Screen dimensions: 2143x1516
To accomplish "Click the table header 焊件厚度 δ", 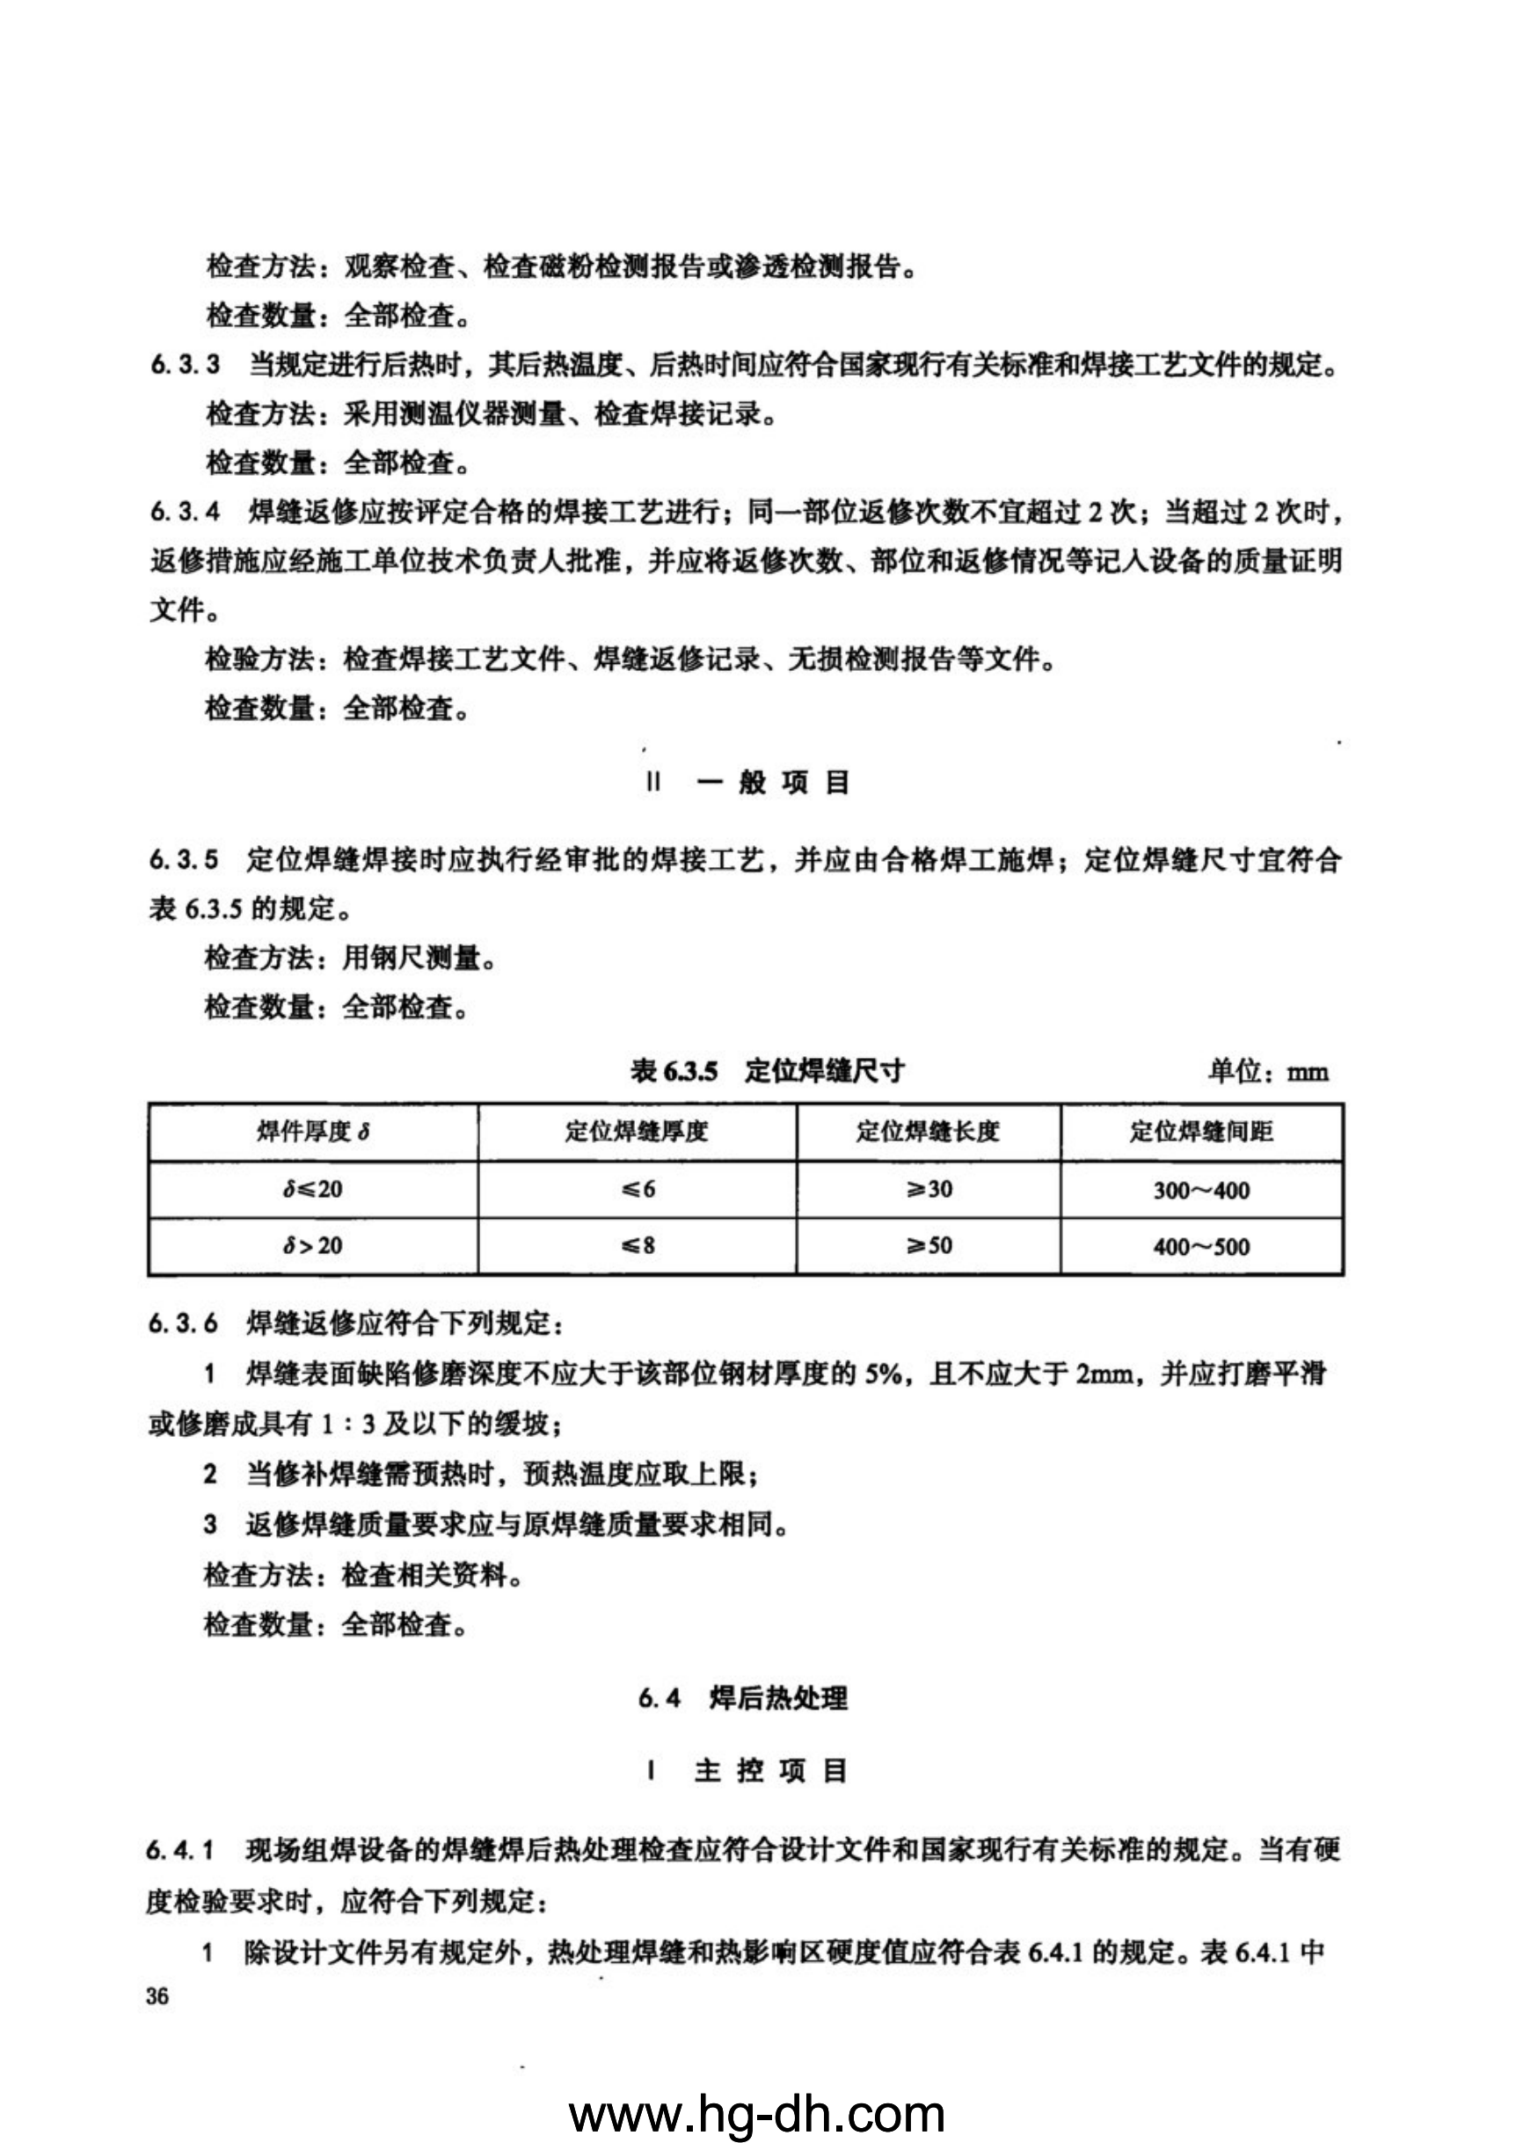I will coord(313,1132).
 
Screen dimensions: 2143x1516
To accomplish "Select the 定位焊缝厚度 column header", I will coord(637,1132).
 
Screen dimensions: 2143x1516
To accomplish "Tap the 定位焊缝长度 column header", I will coord(928,1132).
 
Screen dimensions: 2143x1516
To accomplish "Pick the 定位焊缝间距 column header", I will coord(1201,1132).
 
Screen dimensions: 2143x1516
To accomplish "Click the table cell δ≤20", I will coord(313,1189).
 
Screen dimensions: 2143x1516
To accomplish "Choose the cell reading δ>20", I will coord(313,1245).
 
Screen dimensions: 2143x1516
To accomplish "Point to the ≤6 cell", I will coord(637,1189).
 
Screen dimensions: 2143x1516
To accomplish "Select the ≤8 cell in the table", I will coord(637,1245).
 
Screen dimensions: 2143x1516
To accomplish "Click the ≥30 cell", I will coord(928,1189).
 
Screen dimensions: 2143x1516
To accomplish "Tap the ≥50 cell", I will coord(928,1245).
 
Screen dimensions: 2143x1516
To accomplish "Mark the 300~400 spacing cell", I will coord(1201,1190).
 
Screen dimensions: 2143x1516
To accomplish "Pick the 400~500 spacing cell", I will coord(1201,1246).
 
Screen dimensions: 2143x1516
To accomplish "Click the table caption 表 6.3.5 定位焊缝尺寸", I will coord(768,1070).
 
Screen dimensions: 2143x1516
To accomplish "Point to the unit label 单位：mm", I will coord(1268,1071).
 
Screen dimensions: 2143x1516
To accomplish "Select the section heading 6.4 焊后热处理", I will coord(743,1698).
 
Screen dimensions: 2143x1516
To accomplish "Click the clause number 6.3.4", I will coord(185,512).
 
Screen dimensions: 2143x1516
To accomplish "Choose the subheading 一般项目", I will coord(772,782).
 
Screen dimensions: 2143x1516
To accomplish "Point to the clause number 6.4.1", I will coord(181,1850).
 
